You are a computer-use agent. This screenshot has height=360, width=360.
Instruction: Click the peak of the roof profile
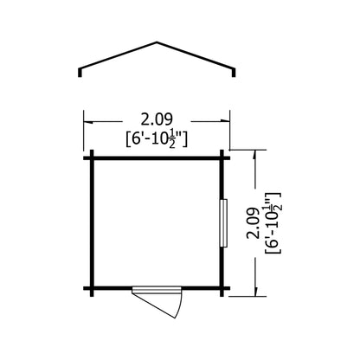pos(156,42)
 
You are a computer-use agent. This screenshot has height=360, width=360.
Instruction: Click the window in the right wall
pos(223,224)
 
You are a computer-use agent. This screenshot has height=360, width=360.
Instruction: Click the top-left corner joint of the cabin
pos(90,157)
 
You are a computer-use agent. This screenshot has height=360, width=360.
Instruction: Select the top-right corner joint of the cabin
pos(222,157)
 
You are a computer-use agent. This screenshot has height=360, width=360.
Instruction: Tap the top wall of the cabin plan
pos(156,157)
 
